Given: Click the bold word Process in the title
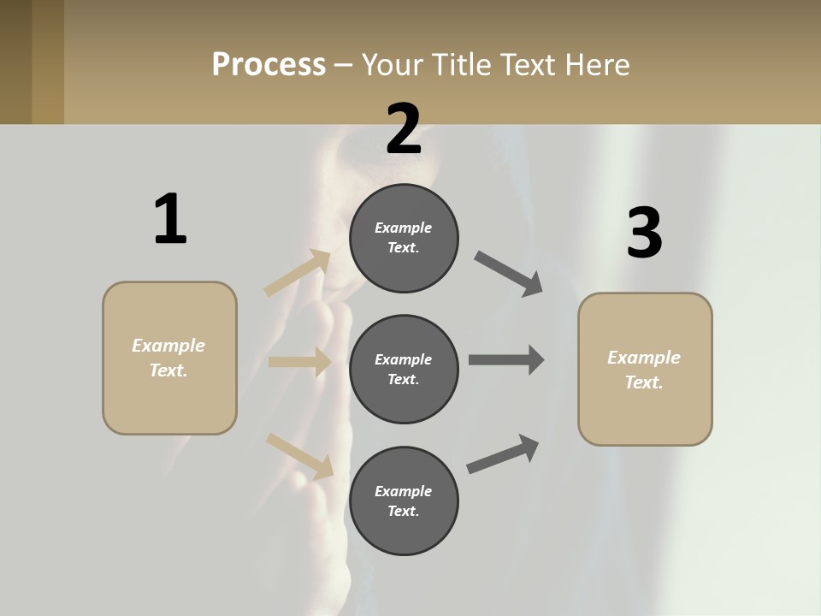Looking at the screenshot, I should pyautogui.click(x=269, y=65).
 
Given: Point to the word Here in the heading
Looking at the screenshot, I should pyautogui.click(x=596, y=65).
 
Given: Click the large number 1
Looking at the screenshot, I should pyautogui.click(x=170, y=220).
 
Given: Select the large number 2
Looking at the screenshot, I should pyautogui.click(x=404, y=129).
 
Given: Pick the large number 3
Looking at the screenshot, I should pyautogui.click(x=644, y=233).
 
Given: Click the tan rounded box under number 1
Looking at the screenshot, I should pyautogui.click(x=169, y=358).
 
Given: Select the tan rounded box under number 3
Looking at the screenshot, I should pyautogui.click(x=645, y=370).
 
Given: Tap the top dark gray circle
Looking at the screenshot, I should pyautogui.click(x=404, y=238).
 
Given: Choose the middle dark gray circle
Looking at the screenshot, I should pyautogui.click(x=404, y=369).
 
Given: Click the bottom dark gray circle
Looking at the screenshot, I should pyautogui.click(x=404, y=500).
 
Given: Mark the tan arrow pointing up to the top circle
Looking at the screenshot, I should pyautogui.click(x=298, y=273).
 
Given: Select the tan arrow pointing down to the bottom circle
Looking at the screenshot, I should pyautogui.click(x=299, y=455).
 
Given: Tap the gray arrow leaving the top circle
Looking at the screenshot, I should pyautogui.click(x=509, y=274).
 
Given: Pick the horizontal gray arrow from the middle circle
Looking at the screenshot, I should pyautogui.click(x=505, y=360).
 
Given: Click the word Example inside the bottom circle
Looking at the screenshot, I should pyautogui.click(x=403, y=491).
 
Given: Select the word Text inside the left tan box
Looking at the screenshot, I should pyautogui.click(x=168, y=370).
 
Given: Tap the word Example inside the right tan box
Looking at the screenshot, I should pyautogui.click(x=644, y=358).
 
